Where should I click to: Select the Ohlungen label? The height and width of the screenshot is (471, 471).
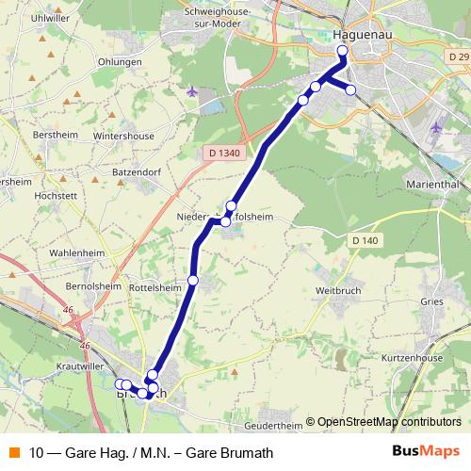(x=119, y=62)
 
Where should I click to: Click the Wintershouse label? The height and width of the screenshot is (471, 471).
(x=123, y=136)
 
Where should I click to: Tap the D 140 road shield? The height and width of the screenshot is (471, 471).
(x=366, y=241)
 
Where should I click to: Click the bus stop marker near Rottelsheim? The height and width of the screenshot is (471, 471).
(x=193, y=280)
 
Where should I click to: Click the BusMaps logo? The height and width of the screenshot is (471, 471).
(x=426, y=451)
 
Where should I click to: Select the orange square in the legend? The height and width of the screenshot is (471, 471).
(x=12, y=451)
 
